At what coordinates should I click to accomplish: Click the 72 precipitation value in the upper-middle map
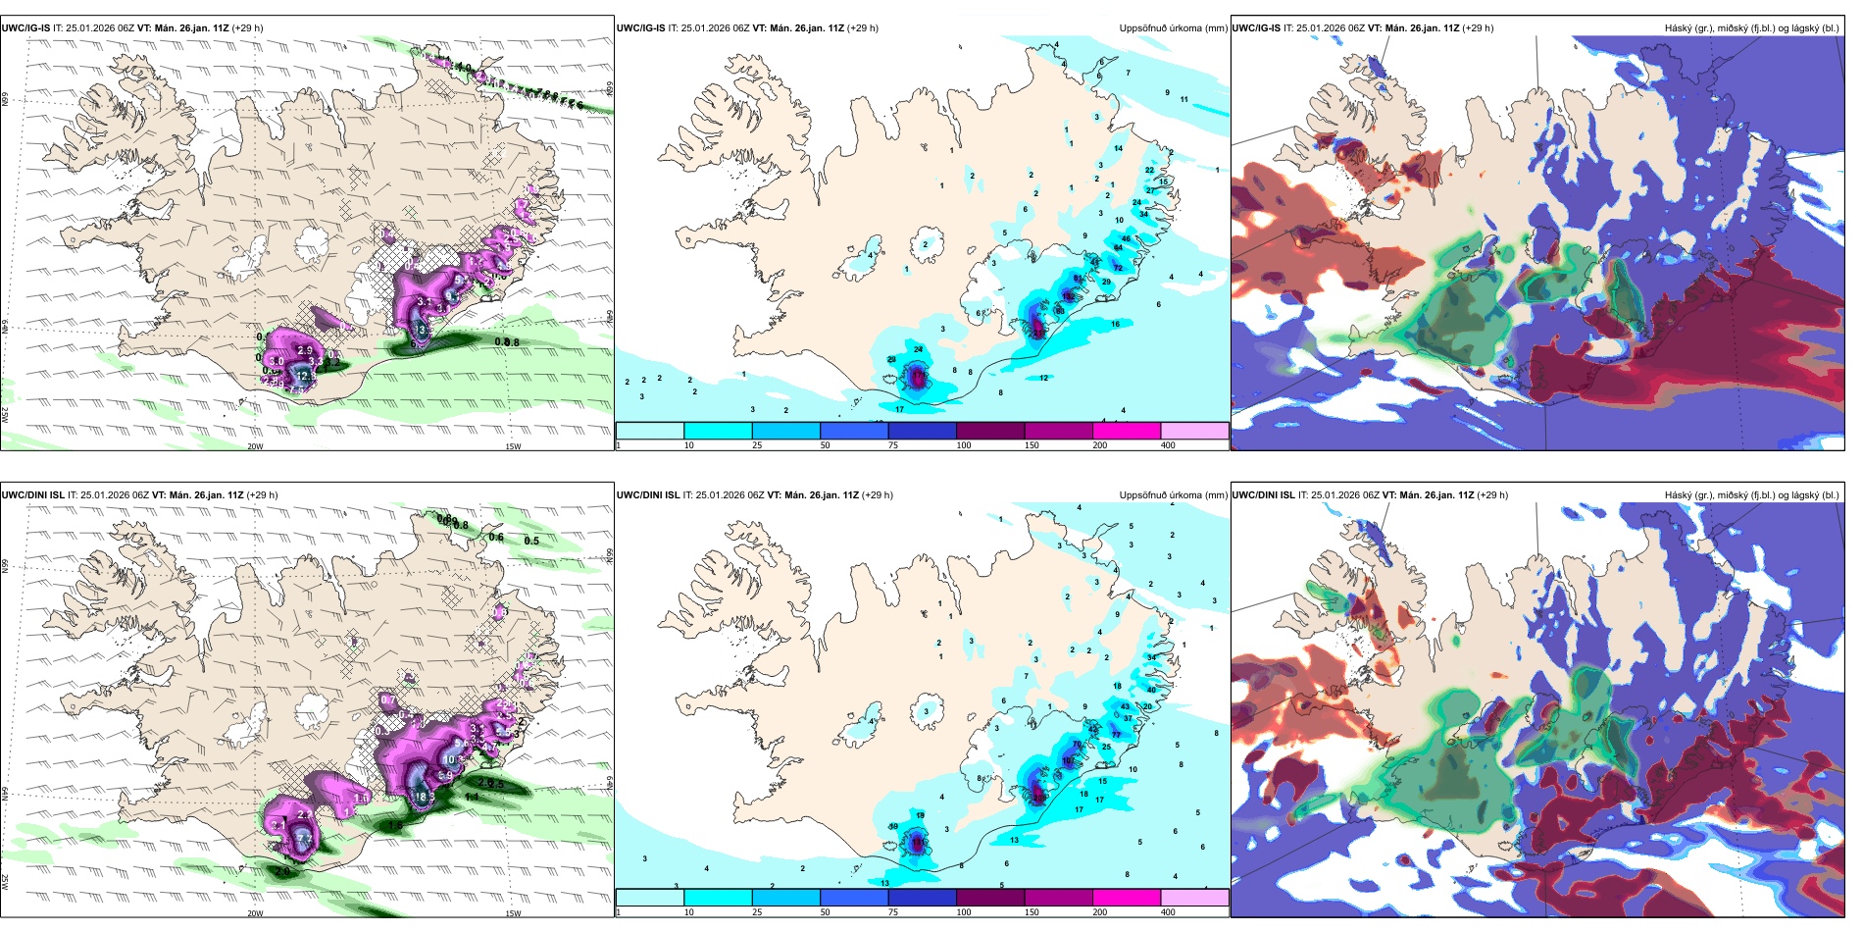click(1118, 268)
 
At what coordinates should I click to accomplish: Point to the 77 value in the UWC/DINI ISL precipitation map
click(1116, 735)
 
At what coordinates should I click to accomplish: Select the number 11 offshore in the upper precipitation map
click(1183, 100)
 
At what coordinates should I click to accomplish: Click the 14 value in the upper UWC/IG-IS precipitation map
click(1118, 149)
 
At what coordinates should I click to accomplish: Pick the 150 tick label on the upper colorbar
click(1032, 445)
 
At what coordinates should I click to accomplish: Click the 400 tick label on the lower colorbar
click(1168, 912)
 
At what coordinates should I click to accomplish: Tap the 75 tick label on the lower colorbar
click(893, 912)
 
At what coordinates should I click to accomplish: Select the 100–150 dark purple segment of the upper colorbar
click(990, 431)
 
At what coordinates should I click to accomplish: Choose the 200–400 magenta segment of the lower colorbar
click(1127, 898)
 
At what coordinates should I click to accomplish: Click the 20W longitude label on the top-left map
click(255, 446)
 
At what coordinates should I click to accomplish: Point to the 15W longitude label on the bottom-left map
click(513, 913)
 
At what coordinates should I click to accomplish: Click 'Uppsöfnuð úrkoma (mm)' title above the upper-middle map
click(1173, 28)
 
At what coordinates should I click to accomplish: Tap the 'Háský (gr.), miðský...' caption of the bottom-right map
click(1751, 495)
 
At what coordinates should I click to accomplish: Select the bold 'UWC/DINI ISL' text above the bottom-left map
click(32, 495)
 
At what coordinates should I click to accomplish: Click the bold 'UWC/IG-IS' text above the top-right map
click(1256, 28)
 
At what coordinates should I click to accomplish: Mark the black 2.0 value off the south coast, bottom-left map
click(282, 871)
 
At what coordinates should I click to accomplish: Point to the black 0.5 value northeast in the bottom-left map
click(531, 541)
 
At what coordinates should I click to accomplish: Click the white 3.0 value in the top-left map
click(423, 331)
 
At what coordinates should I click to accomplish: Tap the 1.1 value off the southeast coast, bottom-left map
click(472, 798)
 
